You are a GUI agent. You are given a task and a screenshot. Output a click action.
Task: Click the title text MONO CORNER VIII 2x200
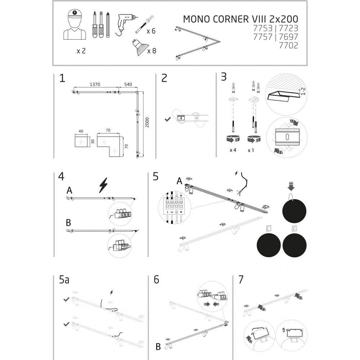point(240,19)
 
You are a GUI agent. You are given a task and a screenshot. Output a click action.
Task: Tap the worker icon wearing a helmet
point(75,25)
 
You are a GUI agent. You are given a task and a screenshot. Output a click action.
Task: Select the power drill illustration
point(124,24)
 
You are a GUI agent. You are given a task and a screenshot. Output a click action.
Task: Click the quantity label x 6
point(151,31)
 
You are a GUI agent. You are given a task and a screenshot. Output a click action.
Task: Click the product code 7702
point(289,45)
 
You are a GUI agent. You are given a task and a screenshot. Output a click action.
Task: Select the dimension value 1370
point(95,84)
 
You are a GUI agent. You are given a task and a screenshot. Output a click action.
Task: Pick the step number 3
point(224,77)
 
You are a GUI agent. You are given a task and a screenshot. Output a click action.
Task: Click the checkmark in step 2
point(167,118)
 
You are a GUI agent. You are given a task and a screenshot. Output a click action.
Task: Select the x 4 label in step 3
point(233,150)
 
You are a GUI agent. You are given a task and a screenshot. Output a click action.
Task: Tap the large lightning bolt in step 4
point(103,185)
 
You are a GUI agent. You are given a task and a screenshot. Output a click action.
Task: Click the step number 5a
point(64,280)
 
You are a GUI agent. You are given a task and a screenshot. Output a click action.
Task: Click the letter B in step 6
point(158,347)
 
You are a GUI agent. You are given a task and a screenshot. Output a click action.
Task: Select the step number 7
point(241,279)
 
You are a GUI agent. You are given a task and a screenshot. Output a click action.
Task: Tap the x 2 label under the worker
point(81,51)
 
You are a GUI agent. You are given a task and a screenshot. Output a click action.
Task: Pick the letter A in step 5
point(179,181)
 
